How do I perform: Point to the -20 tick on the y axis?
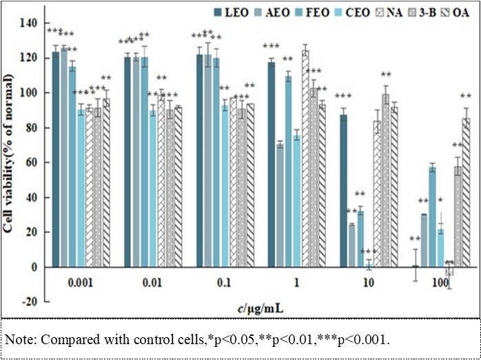tap(28, 302)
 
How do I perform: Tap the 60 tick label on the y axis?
tap(31, 162)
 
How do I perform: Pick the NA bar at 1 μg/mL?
tap(305, 158)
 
